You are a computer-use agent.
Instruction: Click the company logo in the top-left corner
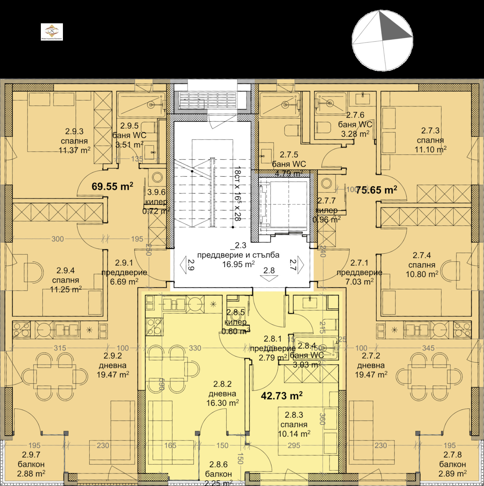pyautogui.click(x=52, y=32)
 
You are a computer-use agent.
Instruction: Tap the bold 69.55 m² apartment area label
pyautogui.click(x=112, y=186)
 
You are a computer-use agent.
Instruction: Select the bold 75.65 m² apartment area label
pyautogui.click(x=376, y=190)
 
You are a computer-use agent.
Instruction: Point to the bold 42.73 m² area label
pyautogui.click(x=281, y=396)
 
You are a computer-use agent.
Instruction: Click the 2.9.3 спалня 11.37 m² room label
pyautogui.click(x=74, y=141)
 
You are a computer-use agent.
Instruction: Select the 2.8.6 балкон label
pyautogui.click(x=218, y=474)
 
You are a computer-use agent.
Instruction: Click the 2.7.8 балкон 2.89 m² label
pyautogui.click(x=453, y=464)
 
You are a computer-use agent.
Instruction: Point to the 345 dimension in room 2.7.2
pyautogui.click(x=428, y=348)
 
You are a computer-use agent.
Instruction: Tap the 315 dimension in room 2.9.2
pyautogui.click(x=60, y=348)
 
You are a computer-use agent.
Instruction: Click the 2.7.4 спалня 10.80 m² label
pyautogui.click(x=422, y=265)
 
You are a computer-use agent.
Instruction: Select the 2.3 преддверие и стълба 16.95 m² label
pyautogui.click(x=238, y=255)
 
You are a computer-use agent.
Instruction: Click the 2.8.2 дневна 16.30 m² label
pyautogui.click(x=222, y=394)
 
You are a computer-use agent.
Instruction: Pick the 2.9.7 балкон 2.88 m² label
pyautogui.click(x=31, y=464)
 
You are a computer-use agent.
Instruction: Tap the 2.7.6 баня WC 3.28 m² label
pyautogui.click(x=355, y=124)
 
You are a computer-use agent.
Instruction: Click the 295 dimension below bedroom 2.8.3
pyautogui.click(x=294, y=445)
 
